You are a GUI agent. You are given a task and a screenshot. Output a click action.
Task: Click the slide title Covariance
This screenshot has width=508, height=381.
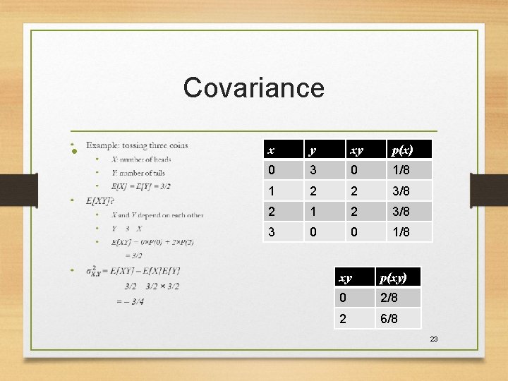253,88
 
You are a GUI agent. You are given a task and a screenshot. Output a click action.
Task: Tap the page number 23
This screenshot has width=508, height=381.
434,339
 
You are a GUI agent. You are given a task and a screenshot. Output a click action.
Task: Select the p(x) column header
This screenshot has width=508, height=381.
402,150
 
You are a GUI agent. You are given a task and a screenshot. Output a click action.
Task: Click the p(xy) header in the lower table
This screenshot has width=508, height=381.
393,277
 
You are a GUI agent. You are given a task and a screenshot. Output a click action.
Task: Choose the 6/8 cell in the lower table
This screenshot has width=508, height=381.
389,319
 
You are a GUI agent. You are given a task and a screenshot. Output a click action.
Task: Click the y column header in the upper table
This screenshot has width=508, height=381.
313,150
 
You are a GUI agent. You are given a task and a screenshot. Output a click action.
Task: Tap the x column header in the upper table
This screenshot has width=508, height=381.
271,150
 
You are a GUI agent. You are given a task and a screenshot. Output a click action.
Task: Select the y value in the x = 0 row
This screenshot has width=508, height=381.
313,171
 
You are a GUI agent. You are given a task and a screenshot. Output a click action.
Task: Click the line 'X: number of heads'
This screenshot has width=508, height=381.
141,159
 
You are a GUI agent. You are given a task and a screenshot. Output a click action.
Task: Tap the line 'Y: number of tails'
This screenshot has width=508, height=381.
138,173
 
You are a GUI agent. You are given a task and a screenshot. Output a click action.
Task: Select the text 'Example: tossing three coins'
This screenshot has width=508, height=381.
137,145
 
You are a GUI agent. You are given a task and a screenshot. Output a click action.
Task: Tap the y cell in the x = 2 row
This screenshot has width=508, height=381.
313,212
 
